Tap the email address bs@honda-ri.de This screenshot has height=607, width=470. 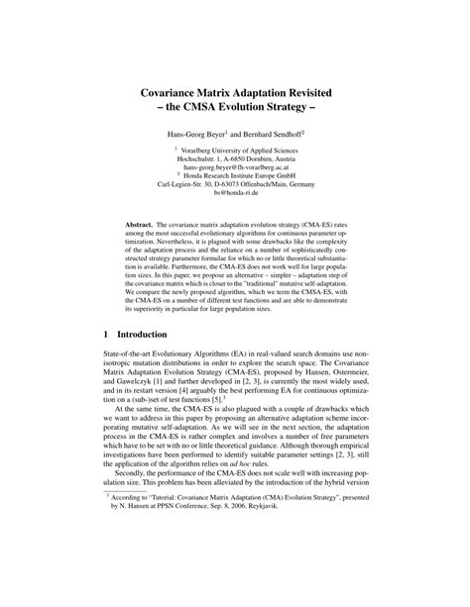[235, 198]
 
